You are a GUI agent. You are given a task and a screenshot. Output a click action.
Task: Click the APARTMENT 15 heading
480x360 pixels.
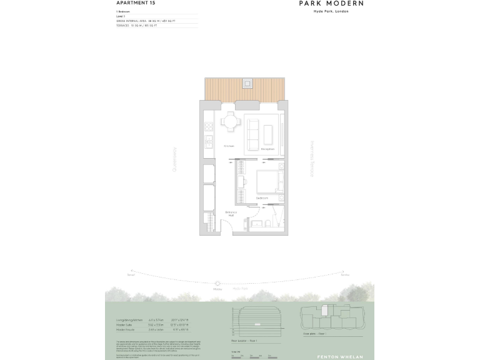pos(135,3)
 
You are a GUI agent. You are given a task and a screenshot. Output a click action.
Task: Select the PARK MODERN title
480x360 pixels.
pos(331,3)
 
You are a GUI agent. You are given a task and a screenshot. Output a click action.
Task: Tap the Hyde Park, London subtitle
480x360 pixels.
pos(331,12)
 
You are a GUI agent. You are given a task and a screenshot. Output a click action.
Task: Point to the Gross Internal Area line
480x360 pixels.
pos(154,21)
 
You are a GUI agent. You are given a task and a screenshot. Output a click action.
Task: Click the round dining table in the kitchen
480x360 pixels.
pos(232,121)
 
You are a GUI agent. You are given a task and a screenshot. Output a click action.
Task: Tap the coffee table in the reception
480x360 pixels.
pos(268,134)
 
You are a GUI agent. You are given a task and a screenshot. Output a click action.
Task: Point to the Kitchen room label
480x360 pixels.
pos(229,146)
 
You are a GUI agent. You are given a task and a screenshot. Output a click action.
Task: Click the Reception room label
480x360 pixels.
pos(267,149)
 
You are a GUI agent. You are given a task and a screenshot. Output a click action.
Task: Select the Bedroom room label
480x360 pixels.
pos(262,198)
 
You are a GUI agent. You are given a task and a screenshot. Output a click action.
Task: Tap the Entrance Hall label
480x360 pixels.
pos(230,213)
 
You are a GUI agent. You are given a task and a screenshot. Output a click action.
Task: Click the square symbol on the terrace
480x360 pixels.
pos(248,82)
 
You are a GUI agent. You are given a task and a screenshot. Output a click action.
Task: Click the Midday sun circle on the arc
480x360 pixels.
pos(217,284)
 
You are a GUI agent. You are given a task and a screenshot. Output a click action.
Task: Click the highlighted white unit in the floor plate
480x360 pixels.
pos(326,311)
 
